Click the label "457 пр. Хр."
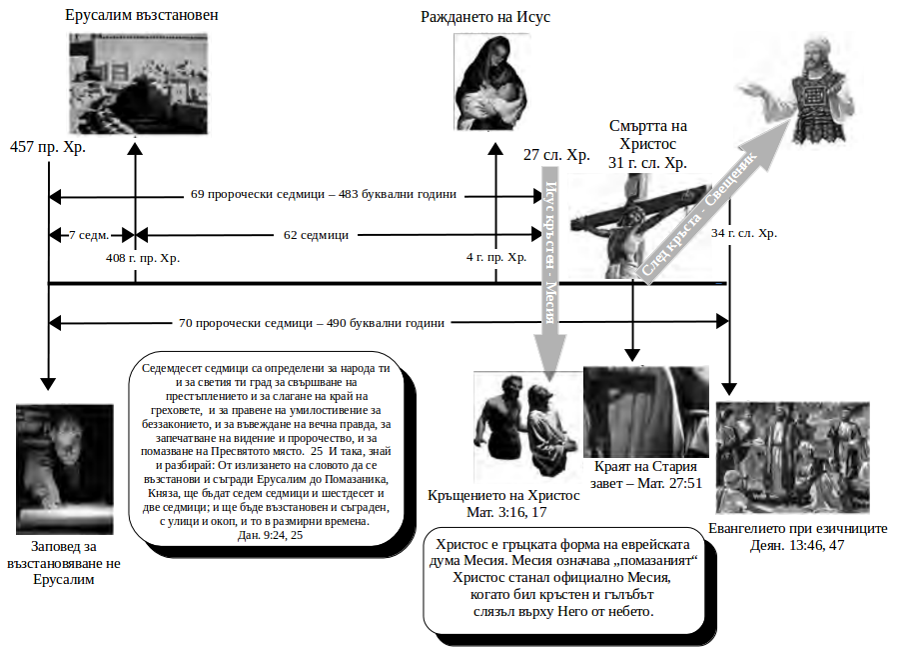(x=48, y=147)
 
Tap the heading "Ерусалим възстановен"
(x=141, y=17)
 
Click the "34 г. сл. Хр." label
(x=744, y=233)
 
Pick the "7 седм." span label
(x=90, y=235)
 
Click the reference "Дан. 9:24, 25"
(x=265, y=536)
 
